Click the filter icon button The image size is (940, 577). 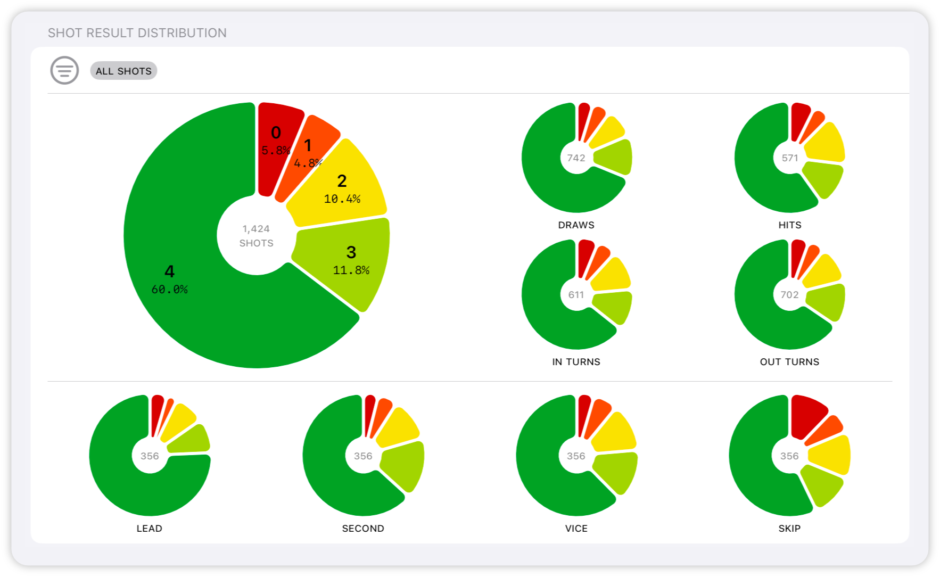pyautogui.click(x=64, y=70)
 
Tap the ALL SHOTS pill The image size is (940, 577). pyautogui.click(x=123, y=71)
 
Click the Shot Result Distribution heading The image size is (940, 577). pyautogui.click(x=137, y=33)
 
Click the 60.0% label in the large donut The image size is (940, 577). pyautogui.click(x=169, y=290)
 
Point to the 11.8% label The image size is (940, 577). pyautogui.click(x=351, y=270)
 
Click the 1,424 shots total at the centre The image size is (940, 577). pyautogui.click(x=256, y=236)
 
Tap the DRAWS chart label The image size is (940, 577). pyautogui.click(x=576, y=225)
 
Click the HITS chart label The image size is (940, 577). pyautogui.click(x=789, y=225)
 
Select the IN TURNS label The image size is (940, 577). pyautogui.click(x=576, y=362)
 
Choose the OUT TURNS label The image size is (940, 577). pyautogui.click(x=789, y=362)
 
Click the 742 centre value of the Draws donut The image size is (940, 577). pyautogui.click(x=576, y=158)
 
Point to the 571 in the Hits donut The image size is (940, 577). pyautogui.click(x=789, y=158)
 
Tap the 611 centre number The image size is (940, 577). pyautogui.click(x=576, y=295)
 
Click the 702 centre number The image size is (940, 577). pyautogui.click(x=789, y=295)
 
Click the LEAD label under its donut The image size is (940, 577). pyautogui.click(x=149, y=529)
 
